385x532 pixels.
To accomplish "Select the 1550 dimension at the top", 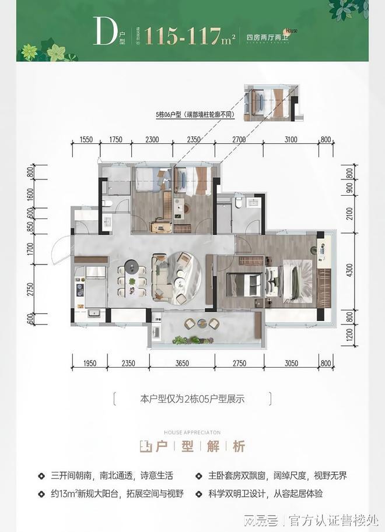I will (x=86, y=139).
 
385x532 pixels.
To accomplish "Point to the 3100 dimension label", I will (x=292, y=139).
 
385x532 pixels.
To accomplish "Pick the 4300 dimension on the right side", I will (x=348, y=270).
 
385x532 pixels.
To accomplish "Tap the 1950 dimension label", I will (x=89, y=364).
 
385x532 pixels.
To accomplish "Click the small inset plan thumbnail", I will (x=272, y=103).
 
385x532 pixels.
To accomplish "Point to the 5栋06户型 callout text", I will (x=195, y=115).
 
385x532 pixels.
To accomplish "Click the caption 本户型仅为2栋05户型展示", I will (x=192, y=399).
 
